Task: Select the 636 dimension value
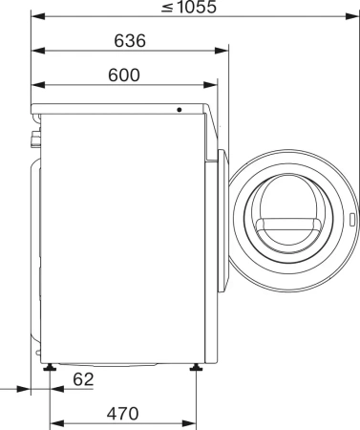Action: point(128,41)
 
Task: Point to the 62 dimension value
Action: point(84,379)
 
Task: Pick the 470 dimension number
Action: point(122,414)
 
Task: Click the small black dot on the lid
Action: point(179,109)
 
